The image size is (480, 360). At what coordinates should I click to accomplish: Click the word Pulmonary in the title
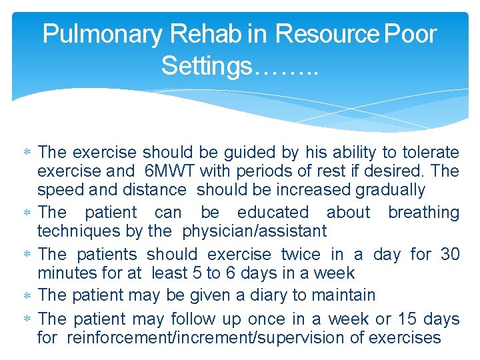(x=101, y=33)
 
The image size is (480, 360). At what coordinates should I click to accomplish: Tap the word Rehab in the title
(x=203, y=33)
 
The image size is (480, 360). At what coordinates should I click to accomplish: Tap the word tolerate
(x=429, y=153)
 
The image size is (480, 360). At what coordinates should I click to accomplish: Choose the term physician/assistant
(x=254, y=231)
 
